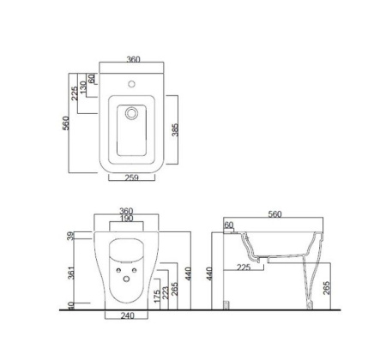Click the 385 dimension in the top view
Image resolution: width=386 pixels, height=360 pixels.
pyautogui.click(x=175, y=129)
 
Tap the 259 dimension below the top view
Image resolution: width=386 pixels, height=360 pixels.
pyautogui.click(x=132, y=177)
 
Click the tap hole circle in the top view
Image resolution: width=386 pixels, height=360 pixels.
pyautogui.click(x=131, y=84)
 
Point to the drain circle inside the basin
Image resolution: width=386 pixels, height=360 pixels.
pyautogui.click(x=131, y=113)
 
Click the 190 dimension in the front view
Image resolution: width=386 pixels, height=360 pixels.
pyautogui.click(x=127, y=219)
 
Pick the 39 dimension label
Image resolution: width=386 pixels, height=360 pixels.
pyautogui.click(x=71, y=236)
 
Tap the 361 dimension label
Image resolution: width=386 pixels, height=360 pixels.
pyautogui.click(x=71, y=273)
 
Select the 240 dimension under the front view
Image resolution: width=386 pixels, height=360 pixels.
pyautogui.click(x=127, y=315)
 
